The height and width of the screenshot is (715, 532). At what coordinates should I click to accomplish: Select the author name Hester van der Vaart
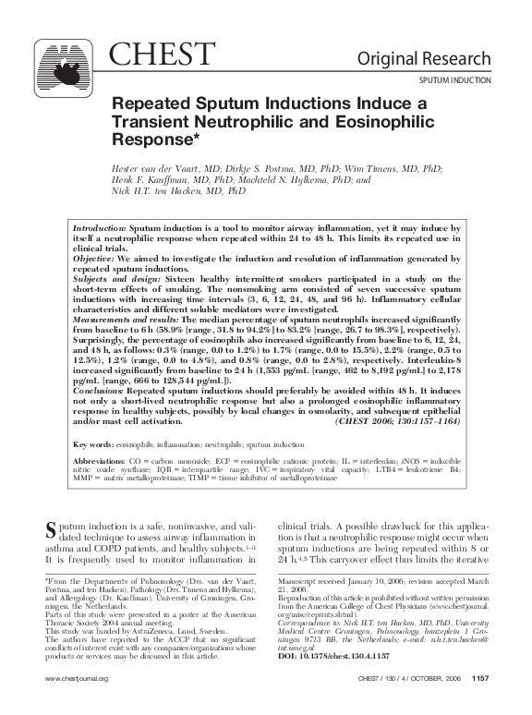[163, 170]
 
